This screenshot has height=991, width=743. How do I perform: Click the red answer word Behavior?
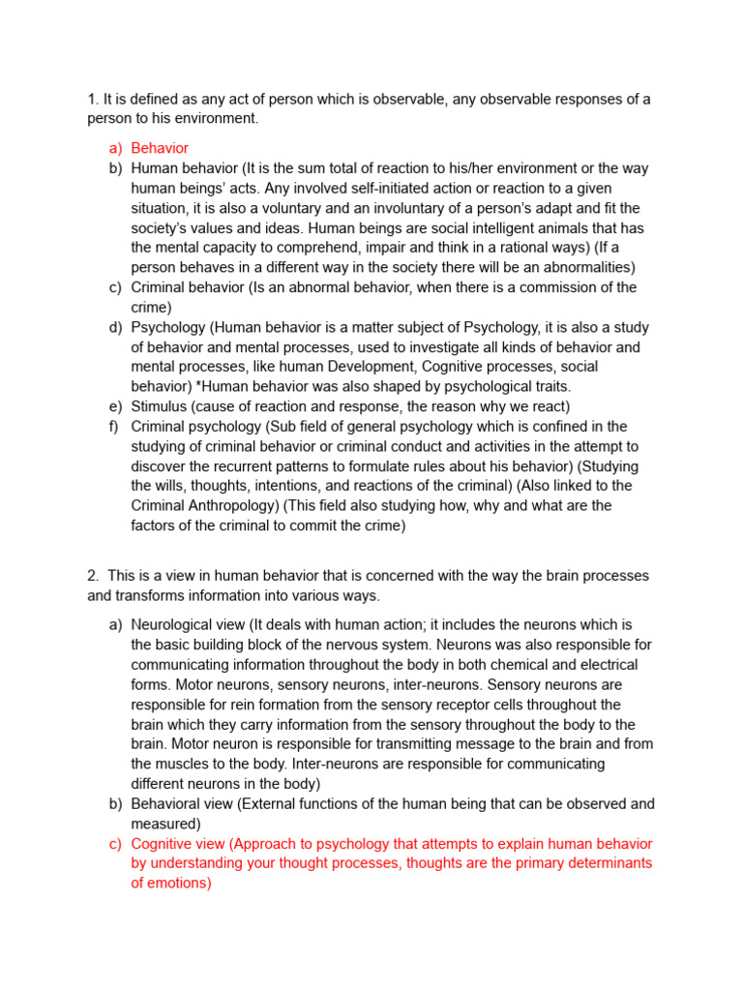[x=160, y=148]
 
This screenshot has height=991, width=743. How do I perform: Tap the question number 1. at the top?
[x=93, y=99]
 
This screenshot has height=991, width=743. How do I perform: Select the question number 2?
[x=93, y=576]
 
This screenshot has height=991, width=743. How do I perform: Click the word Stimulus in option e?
[x=161, y=406]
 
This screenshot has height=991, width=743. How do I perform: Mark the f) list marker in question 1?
[x=115, y=426]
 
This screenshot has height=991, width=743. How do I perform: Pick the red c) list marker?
[x=115, y=844]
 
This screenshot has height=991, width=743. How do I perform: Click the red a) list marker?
[x=115, y=148]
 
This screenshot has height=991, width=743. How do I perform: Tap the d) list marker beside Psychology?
[x=115, y=327]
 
